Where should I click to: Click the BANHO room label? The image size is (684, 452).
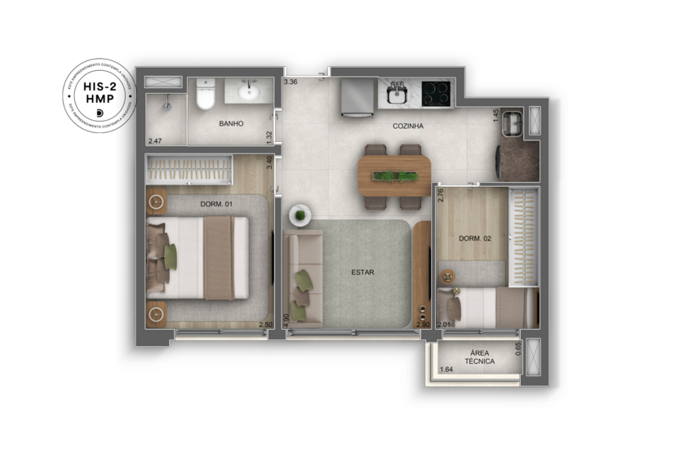pyautogui.click(x=232, y=124)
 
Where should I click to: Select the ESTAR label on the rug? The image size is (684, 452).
pyautogui.click(x=362, y=273)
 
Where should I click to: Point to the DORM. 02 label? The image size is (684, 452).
pyautogui.click(x=473, y=238)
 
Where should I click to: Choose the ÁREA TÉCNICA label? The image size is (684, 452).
pyautogui.click(x=480, y=356)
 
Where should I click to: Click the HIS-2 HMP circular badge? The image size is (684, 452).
pyautogui.click(x=99, y=96)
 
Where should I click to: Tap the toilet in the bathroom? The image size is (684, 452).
pyautogui.click(x=205, y=95)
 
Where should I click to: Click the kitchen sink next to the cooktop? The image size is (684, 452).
pyautogui.click(x=398, y=92)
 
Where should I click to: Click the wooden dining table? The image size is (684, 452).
pyautogui.click(x=394, y=173)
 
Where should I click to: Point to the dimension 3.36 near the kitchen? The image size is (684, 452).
pyautogui.click(x=291, y=82)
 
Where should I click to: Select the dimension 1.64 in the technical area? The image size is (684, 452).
pyautogui.click(x=446, y=370)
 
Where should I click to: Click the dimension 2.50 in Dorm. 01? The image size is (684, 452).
pyautogui.click(x=265, y=325)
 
